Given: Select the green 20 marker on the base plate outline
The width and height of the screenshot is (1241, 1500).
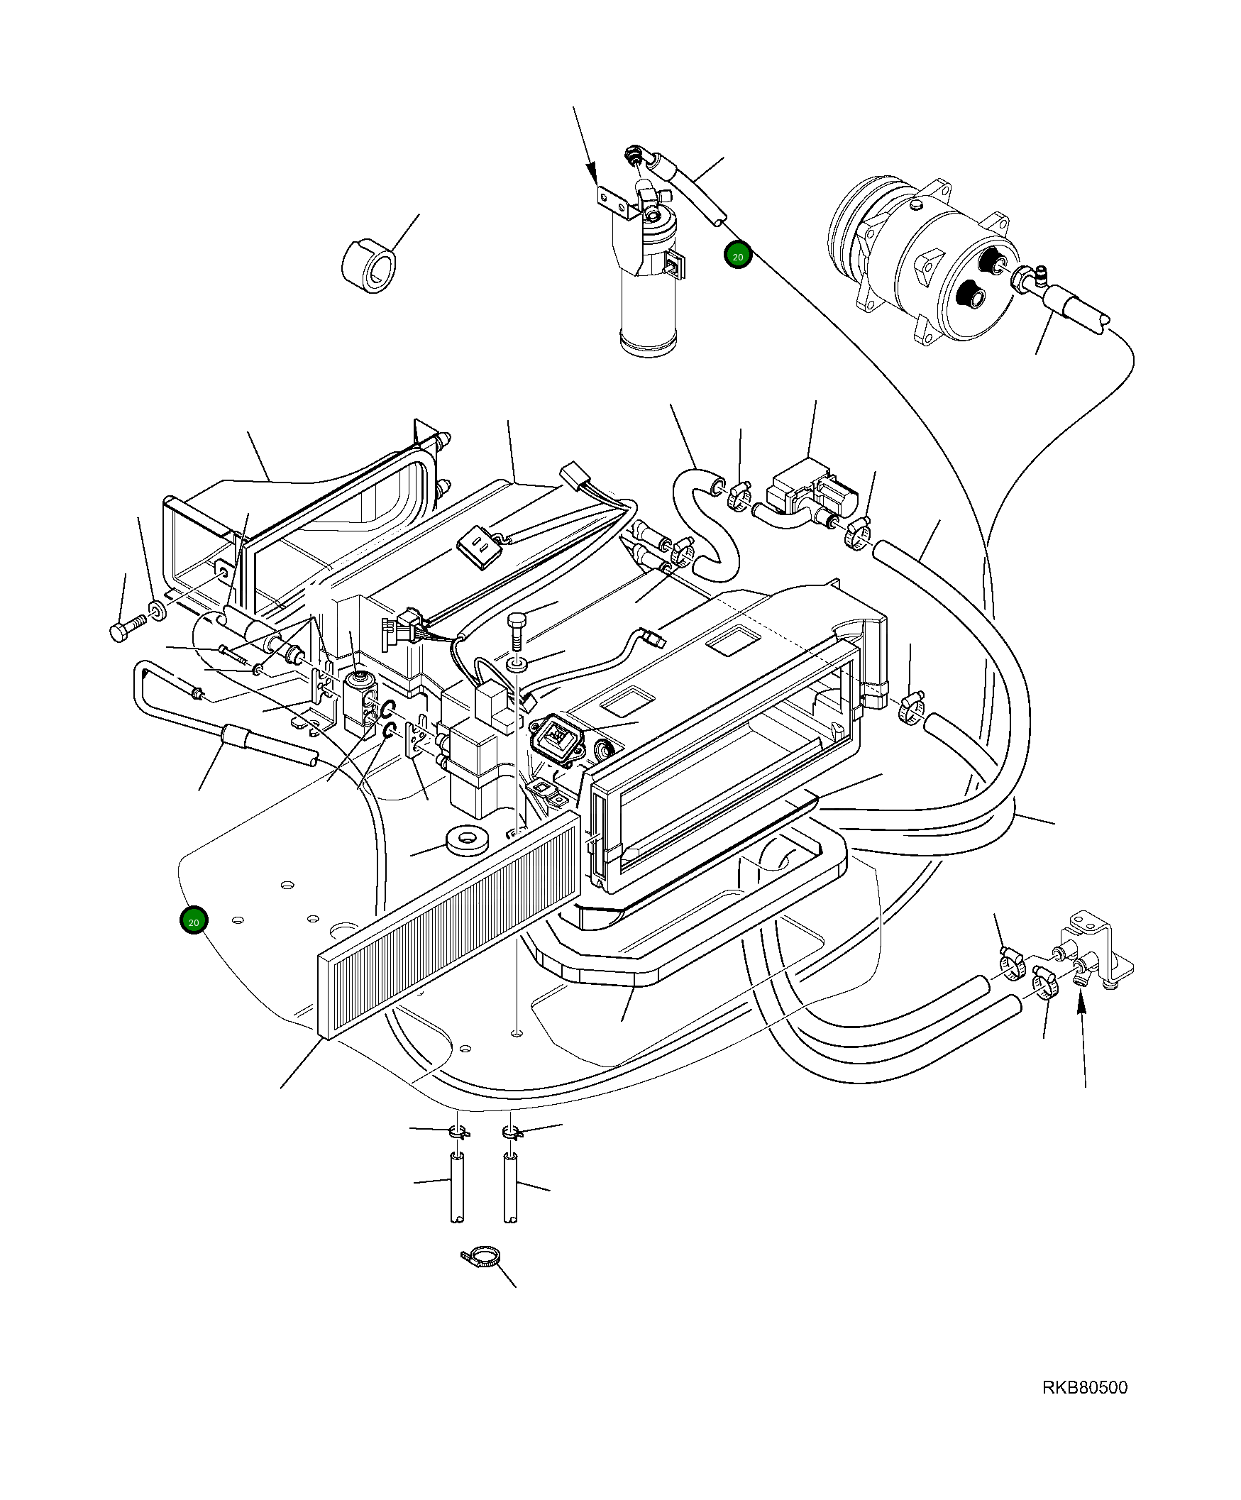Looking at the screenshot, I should [193, 922].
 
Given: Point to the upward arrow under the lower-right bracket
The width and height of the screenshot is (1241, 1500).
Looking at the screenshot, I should [1083, 1036].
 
